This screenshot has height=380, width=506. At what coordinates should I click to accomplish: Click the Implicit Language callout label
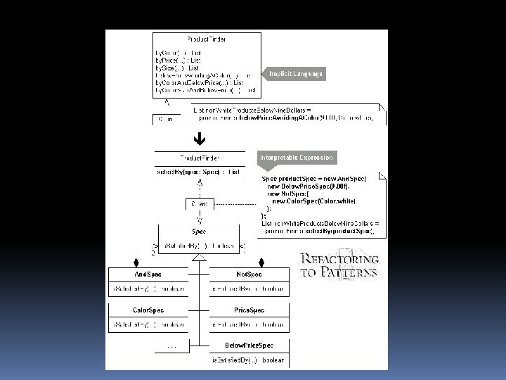296,74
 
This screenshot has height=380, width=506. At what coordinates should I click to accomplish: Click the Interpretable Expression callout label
296,158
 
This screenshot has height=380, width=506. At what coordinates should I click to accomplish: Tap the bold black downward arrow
199,139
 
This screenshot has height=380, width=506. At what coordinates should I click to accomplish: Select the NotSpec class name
249,274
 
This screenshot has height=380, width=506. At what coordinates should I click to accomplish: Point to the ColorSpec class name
148,310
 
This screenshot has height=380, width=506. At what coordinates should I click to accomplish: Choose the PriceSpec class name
249,310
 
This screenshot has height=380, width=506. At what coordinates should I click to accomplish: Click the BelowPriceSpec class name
249,346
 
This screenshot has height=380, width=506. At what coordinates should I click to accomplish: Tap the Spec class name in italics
199,231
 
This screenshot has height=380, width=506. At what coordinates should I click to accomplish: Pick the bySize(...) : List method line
177,68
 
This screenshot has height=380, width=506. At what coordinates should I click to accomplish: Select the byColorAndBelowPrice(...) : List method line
200,83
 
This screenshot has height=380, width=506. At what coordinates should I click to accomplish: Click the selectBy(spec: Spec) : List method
198,172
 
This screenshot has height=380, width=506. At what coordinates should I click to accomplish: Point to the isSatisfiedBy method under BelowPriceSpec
249,360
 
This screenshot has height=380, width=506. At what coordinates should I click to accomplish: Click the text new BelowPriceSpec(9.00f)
308,186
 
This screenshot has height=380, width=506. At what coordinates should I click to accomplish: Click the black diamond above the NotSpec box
261,262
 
